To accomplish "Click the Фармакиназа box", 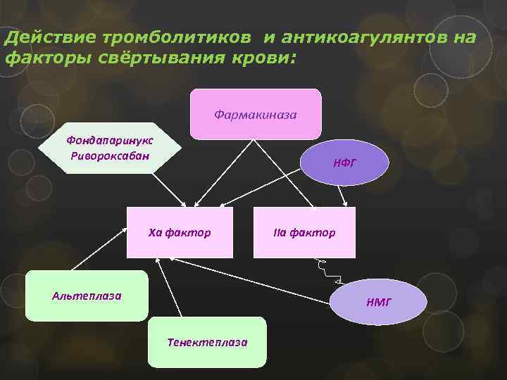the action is [x=255, y=113].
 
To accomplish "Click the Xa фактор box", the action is [x=180, y=232].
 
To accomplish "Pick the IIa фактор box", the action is [x=304, y=232].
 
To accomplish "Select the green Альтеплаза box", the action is [x=87, y=296].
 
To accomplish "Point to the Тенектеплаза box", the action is [x=207, y=342].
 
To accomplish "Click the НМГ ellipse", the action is [x=378, y=302].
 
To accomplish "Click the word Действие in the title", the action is [x=50, y=37].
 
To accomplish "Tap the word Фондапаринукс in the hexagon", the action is [x=109, y=141].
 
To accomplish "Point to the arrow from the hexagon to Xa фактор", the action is [x=169, y=189].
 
